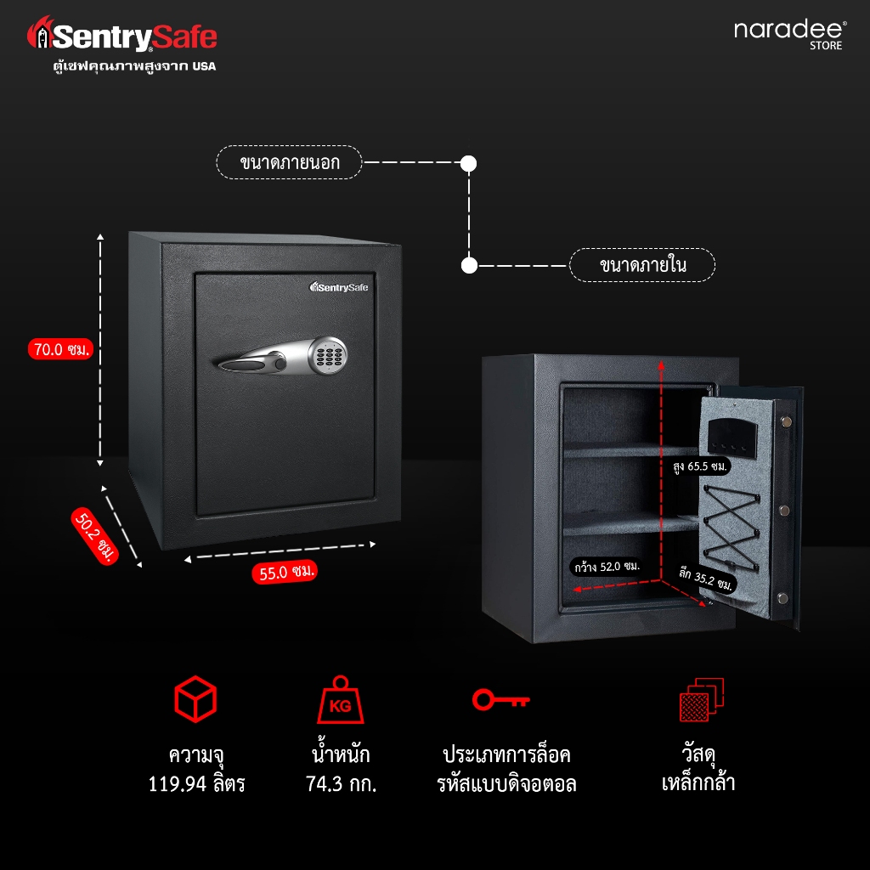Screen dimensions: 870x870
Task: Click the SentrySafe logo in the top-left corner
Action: pos(122,37)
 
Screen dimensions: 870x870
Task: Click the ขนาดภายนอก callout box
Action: pos(290,161)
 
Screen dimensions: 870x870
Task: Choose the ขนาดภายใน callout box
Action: pos(642,265)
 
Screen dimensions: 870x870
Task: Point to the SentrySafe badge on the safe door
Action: pos(340,287)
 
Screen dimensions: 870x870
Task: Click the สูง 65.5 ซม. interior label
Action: pos(698,466)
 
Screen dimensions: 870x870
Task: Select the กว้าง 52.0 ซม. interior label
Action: pos(606,565)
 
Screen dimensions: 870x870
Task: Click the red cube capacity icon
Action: pos(196,699)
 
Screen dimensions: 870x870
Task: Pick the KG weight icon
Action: pos(340,701)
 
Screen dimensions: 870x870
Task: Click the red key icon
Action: pos(501,700)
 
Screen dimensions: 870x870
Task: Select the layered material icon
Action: pos(701,701)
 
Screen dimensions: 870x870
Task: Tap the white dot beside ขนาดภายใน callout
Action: pos(469,265)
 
